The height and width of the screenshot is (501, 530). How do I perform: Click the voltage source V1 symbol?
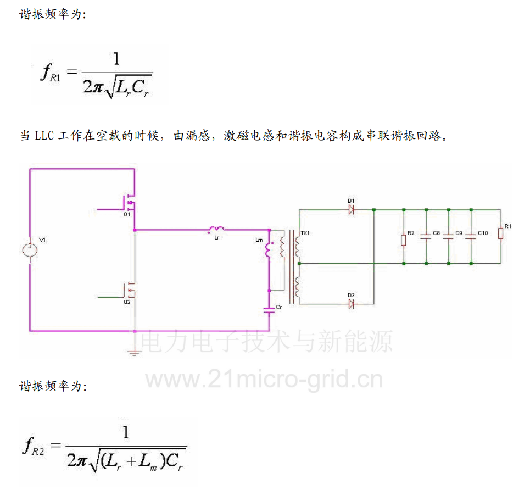(30, 250)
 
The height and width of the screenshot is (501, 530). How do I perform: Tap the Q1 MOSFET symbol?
(130, 203)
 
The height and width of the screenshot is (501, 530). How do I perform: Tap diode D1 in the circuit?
(351, 209)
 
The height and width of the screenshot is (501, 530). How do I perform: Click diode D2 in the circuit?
(351, 304)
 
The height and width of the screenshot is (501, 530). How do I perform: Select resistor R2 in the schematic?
(404, 239)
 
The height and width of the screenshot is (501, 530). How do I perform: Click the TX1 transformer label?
(305, 233)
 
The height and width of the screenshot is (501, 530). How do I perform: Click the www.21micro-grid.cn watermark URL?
(263, 379)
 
